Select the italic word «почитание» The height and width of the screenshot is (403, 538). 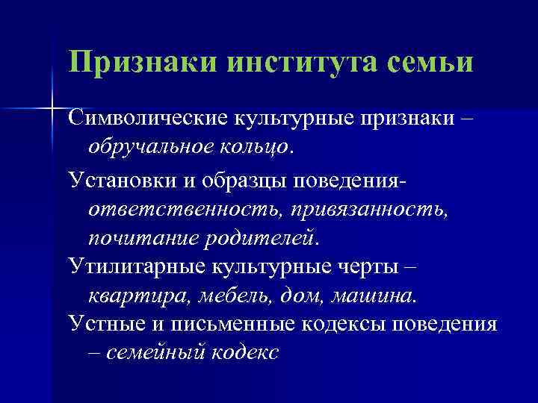[138, 239]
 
